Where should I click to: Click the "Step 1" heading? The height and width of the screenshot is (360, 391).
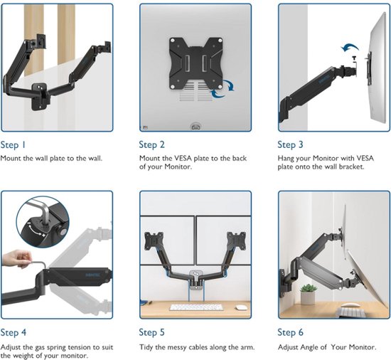point(13,145)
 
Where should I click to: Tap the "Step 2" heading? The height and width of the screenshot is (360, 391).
point(152,144)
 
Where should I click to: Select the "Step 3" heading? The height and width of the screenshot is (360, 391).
point(291,144)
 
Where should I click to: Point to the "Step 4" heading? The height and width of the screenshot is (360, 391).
point(14,332)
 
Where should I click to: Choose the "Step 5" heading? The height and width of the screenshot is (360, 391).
point(152,332)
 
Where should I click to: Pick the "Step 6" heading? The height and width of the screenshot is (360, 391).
point(291,332)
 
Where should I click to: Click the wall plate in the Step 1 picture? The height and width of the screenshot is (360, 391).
point(39,97)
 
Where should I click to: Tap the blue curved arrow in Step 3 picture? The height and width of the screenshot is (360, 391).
point(350,48)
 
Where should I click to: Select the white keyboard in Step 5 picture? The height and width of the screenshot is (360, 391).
point(196,307)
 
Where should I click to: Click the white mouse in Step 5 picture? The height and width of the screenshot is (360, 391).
point(240,307)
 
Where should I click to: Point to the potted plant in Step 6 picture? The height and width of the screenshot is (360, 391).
point(308,295)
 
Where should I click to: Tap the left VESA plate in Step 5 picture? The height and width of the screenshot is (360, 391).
point(154,240)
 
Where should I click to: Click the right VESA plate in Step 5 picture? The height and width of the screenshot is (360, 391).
point(236,240)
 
